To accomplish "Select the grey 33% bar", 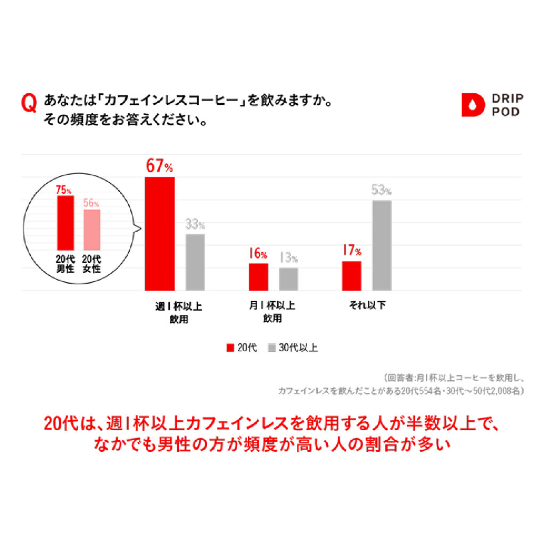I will coord(195,262).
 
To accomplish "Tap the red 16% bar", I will coord(258,277).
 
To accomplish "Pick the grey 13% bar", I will coord(288,279).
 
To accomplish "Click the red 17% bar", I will coord(351,276).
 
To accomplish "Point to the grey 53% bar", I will coord(382,245).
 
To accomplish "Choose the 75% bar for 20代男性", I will coord(65,222).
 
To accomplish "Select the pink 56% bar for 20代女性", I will coord(92,229).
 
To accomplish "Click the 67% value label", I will coord(159,167).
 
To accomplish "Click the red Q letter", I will coord(29,103).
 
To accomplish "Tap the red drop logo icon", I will coord(473,105).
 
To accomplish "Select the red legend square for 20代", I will coord(230,348).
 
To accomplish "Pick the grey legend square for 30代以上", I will coord(271,348).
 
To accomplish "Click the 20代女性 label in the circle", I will coord(92,264).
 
